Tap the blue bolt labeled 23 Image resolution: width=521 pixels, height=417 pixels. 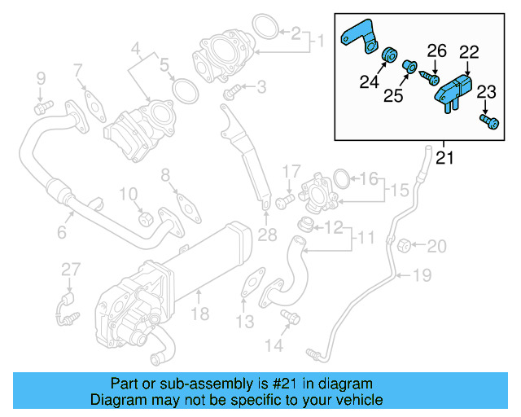489,122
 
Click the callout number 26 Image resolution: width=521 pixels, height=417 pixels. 437,51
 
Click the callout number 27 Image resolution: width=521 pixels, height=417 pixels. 71,270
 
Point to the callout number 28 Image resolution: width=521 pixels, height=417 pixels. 267,236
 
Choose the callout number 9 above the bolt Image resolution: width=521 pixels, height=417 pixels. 39,79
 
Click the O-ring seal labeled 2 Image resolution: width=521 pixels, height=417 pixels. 263,28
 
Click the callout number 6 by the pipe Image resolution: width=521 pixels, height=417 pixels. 61,234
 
